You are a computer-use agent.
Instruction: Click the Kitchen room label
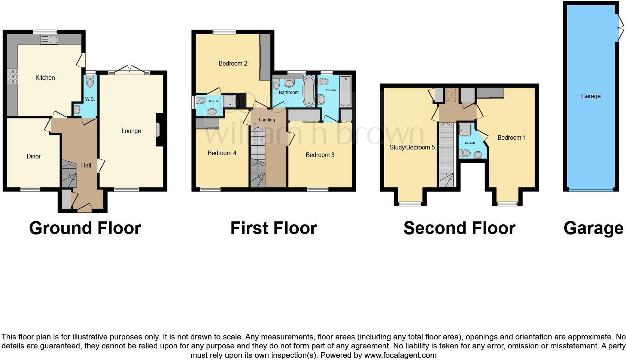point(45,78)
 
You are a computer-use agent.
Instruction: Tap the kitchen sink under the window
point(49,39)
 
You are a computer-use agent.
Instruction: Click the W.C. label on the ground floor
point(90,99)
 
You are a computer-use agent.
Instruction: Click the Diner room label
point(33,157)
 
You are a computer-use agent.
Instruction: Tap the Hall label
point(86,165)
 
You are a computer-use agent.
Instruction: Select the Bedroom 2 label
point(233,64)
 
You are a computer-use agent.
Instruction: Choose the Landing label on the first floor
point(267,120)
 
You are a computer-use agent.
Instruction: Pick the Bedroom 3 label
point(320,155)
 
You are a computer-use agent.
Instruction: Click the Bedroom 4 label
point(222,153)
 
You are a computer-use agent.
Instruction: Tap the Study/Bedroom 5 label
point(412,148)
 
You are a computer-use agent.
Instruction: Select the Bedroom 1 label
point(511,138)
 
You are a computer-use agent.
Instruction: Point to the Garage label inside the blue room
point(590,96)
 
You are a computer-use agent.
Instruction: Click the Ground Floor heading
point(85,228)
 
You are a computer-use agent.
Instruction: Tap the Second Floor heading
point(459,228)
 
